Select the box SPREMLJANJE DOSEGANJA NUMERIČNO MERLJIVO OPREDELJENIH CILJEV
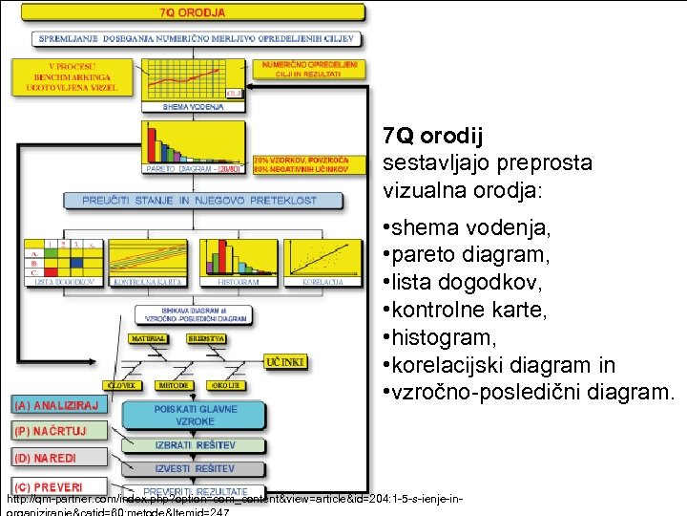click(x=196, y=39)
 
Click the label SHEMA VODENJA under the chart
click(x=187, y=107)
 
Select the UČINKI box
click(x=286, y=363)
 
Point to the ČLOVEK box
click(x=148, y=386)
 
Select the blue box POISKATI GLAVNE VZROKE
click(x=195, y=415)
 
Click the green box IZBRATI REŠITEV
click(x=195, y=445)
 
